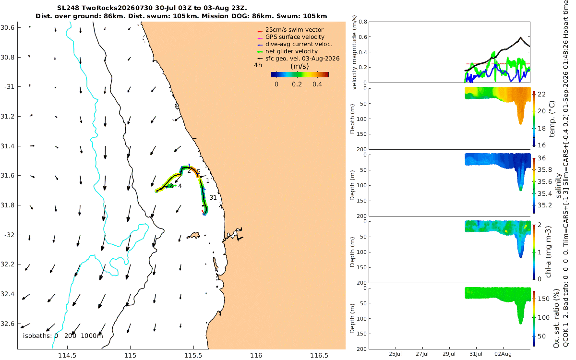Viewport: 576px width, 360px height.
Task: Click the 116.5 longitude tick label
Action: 319,356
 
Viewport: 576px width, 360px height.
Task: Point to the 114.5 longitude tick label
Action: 67,356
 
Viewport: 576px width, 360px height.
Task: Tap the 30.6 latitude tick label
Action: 7,27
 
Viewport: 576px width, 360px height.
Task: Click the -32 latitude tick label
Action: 9,235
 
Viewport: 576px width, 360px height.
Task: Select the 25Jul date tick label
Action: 395,354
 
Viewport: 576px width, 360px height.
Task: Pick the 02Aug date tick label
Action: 503,354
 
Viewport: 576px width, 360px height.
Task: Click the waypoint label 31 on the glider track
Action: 213,197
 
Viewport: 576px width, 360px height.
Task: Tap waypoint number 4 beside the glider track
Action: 180,186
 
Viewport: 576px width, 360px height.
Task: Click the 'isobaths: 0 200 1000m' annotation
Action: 63,336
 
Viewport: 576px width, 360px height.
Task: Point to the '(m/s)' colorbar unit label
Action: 300,66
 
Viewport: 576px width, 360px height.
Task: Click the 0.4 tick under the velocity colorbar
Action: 317,84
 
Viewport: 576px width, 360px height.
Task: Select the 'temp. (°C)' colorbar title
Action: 552,119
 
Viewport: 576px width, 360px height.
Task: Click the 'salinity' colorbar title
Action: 558,186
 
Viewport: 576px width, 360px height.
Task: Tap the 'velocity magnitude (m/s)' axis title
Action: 354,52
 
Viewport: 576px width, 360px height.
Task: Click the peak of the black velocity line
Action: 520,37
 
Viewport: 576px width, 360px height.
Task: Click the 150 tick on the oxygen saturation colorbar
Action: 543,299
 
